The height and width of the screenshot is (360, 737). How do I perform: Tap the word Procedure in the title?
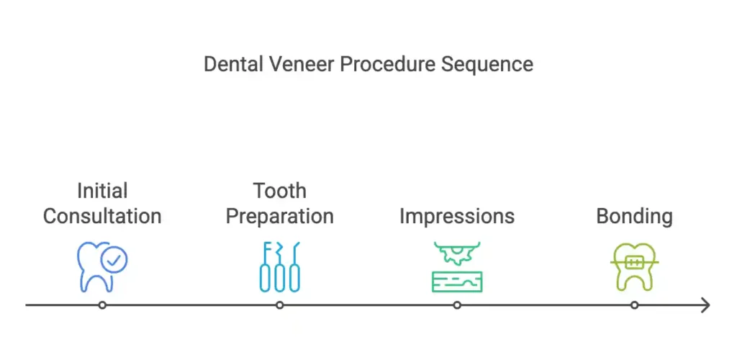pos(386,64)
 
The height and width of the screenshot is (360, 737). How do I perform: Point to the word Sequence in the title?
pos(487,65)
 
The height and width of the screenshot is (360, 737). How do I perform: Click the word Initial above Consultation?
pos(102,191)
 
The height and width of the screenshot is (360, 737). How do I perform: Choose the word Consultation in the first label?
pos(102,216)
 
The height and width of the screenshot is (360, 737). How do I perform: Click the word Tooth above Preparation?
pos(280,191)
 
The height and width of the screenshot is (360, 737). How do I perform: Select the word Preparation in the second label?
pos(280,217)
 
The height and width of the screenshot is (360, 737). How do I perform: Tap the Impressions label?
pos(457,217)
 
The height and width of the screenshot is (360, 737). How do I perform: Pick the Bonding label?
pos(634,217)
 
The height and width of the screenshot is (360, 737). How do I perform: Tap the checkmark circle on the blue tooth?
pos(114,260)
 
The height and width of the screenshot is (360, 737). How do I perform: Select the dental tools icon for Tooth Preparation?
pos(280,267)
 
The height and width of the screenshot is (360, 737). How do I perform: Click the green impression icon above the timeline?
pos(457,267)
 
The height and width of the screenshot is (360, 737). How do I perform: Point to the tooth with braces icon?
pos(635,267)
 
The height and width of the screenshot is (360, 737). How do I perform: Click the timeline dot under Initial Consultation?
pos(102,305)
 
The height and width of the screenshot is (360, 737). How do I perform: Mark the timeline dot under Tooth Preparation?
pos(280,305)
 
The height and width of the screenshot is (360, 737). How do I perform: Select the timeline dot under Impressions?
pos(457,305)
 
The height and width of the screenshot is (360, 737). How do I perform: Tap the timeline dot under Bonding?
pos(634,305)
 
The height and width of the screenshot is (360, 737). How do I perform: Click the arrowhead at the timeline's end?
pos(707,305)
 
